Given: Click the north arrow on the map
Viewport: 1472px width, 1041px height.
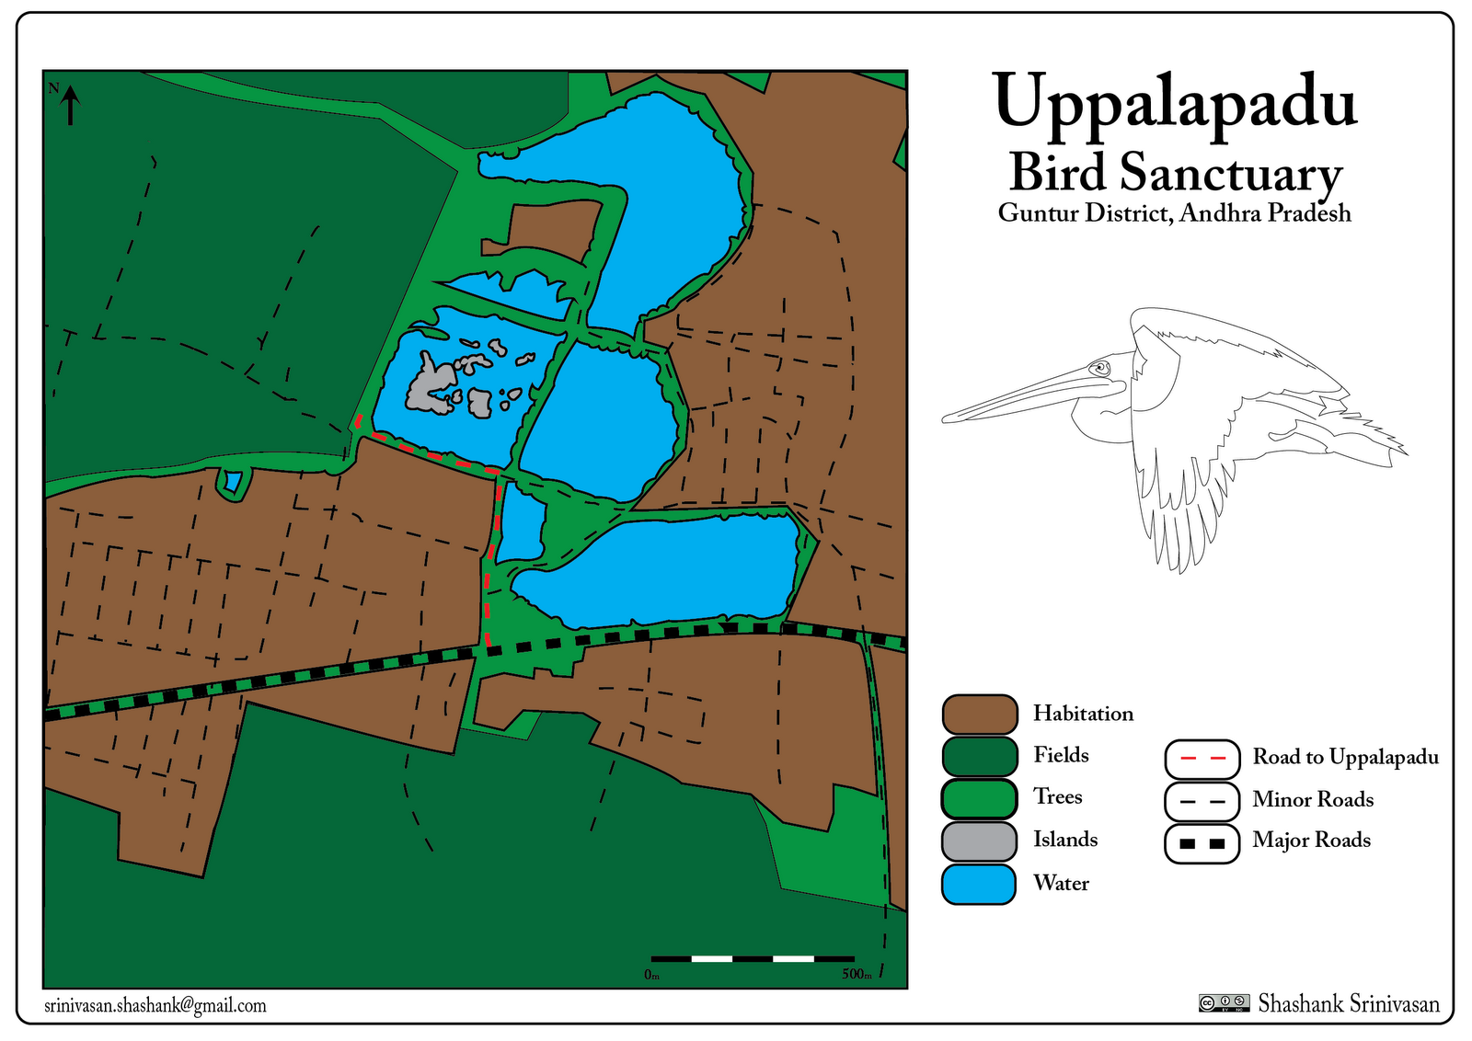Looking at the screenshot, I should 70,105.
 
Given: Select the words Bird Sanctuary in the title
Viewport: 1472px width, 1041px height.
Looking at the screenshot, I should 1175,173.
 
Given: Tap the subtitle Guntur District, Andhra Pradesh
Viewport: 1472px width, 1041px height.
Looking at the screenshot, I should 1174,213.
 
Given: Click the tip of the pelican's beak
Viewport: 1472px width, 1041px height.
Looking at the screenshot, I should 945,420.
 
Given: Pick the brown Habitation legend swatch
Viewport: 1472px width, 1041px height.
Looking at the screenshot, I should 980,715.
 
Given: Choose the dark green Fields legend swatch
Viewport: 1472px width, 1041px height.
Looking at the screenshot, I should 980,756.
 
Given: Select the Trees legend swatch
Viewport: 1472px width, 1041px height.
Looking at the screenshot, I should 980,798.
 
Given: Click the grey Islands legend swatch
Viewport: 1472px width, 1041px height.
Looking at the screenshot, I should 980,841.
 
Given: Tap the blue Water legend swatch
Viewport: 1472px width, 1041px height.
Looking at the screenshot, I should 980,884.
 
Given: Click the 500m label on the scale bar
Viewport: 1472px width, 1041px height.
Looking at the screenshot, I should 857,975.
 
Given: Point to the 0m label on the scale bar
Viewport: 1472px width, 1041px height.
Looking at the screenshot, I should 651,975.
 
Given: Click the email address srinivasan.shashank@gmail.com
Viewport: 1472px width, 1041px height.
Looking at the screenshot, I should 155,1005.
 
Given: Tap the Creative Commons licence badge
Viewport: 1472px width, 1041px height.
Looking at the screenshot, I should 1224,1003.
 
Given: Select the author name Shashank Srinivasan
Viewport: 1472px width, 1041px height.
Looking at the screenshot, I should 1349,1003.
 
